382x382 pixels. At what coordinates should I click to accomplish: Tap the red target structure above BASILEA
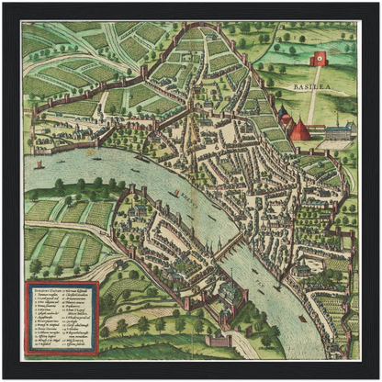pos(320,59)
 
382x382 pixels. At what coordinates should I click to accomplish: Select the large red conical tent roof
pos(300,129)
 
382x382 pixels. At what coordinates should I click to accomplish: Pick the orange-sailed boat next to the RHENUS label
pos(175,194)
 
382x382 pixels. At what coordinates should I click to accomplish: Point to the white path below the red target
pos(315,101)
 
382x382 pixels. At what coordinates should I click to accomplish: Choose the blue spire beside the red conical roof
pos(286,117)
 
